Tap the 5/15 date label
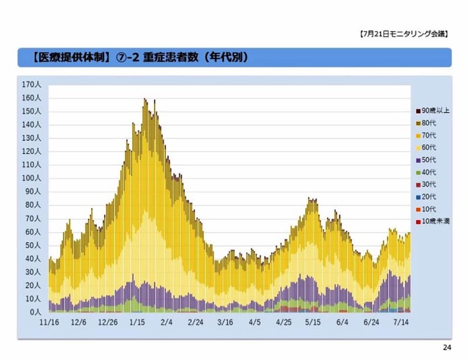tap(313, 323)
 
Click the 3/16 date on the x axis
tap(225, 323)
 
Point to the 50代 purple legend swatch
tap(417, 160)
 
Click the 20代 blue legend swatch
tap(417, 197)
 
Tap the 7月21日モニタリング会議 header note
tap(403, 34)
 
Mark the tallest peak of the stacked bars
tap(145, 100)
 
